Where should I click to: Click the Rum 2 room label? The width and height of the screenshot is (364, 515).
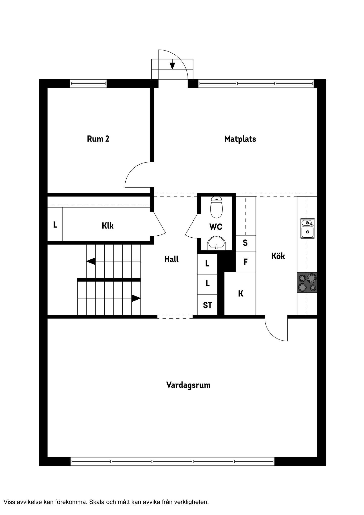[98, 139]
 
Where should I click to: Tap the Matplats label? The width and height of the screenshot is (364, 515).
[240, 139]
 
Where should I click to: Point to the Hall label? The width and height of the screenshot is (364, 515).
[171, 259]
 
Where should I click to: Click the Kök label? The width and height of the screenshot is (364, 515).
[278, 256]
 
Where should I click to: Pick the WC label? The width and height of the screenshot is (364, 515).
[216, 227]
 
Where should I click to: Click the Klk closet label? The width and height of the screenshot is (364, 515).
[108, 226]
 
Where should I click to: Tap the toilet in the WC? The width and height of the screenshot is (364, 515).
[216, 207]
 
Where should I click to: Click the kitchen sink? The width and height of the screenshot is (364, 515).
[307, 229]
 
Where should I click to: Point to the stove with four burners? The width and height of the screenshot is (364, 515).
[307, 282]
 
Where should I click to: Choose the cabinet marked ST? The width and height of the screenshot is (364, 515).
[207, 305]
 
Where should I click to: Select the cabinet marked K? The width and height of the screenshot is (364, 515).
[240, 294]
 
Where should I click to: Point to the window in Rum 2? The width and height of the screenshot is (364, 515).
[88, 83]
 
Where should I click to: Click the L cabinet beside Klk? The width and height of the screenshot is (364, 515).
[55, 224]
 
